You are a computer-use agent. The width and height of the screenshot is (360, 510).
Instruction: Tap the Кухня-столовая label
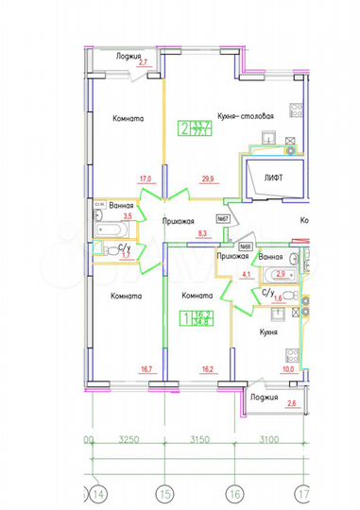click(245, 116)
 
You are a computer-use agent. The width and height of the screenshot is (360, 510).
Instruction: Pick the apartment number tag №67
click(226, 219)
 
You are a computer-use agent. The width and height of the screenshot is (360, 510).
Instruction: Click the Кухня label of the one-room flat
click(275, 332)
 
